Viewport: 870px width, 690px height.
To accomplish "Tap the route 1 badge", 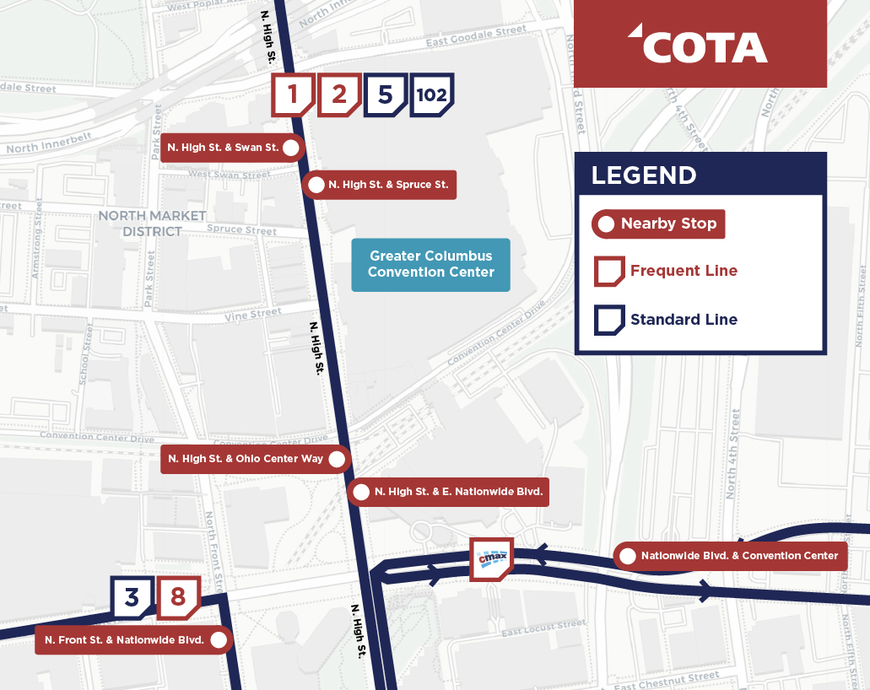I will click(x=292, y=94).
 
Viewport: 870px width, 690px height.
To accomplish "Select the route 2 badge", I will click(x=338, y=94).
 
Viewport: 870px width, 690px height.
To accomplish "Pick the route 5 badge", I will click(x=385, y=94).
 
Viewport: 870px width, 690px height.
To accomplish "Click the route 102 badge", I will click(x=431, y=94).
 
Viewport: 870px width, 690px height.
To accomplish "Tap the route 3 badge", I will click(x=132, y=597).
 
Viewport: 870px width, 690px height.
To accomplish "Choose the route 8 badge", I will click(x=177, y=597).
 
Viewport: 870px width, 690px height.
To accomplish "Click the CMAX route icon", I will click(x=491, y=559).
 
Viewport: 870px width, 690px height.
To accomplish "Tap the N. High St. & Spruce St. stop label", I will click(x=380, y=185).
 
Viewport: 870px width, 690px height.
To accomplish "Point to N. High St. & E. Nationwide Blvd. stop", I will click(x=449, y=492).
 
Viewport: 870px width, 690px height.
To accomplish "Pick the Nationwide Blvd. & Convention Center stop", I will click(x=730, y=556).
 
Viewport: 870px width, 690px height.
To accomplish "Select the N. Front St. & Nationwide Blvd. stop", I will click(x=134, y=640).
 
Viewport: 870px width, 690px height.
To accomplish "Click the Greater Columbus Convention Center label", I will click(x=430, y=264).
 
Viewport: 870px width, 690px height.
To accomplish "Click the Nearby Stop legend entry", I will click(x=659, y=224).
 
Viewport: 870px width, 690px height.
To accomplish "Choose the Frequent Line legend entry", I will click(x=667, y=272).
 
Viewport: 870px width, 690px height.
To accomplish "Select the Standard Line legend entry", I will click(x=667, y=320).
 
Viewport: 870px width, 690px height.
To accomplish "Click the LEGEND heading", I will click(x=644, y=175).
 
